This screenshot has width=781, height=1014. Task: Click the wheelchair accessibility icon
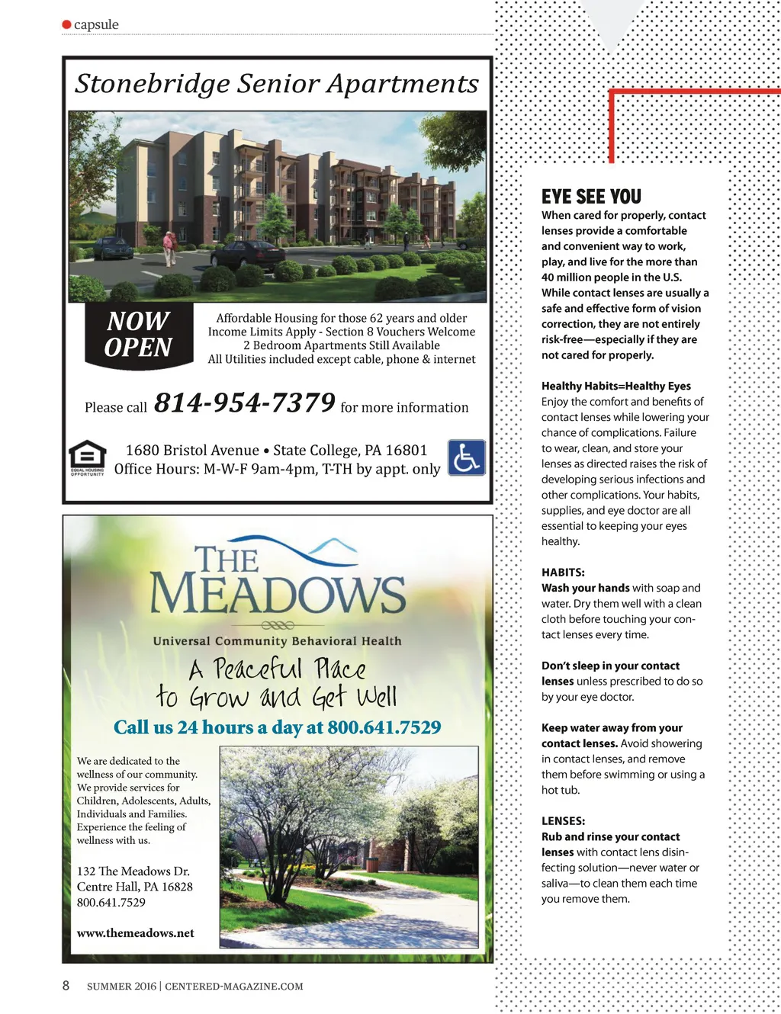coord(466,457)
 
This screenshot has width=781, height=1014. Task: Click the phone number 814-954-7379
coord(245,403)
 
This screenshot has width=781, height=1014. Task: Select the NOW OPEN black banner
coord(139,335)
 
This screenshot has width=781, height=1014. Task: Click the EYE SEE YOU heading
coord(591,197)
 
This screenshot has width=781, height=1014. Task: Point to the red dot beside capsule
coord(67,24)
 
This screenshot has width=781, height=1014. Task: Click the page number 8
coord(66,985)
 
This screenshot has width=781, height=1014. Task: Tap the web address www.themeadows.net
coord(136,933)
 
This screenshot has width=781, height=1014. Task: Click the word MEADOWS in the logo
coord(278,594)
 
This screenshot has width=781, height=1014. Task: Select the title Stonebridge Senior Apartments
coord(277,83)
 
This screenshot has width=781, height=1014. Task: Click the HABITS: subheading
coord(563,573)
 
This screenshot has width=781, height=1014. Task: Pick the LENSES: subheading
coord(563,821)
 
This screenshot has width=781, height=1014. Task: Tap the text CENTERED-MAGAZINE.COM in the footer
coord(234,987)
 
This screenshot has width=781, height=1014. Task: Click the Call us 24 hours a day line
coord(278,727)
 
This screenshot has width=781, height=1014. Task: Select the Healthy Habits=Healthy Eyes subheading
coord(616,386)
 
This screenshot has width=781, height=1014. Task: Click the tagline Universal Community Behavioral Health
coord(277,641)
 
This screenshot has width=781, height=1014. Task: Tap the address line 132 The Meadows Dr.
coord(133,871)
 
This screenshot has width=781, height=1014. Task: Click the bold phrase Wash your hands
coord(585,588)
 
